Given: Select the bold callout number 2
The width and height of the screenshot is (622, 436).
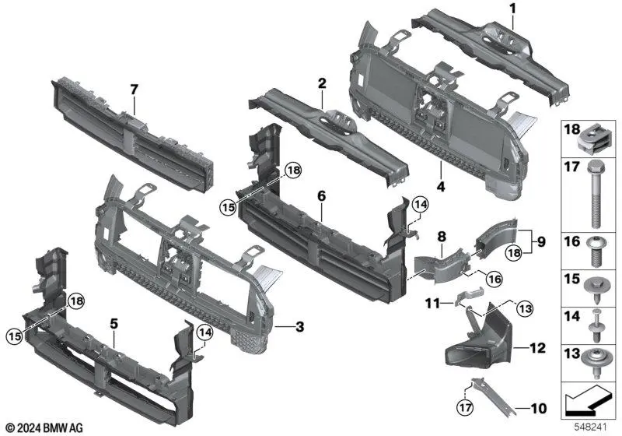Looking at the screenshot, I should click(x=320, y=83).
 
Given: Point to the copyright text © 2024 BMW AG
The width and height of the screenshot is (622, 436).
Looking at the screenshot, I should click(x=44, y=427).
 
